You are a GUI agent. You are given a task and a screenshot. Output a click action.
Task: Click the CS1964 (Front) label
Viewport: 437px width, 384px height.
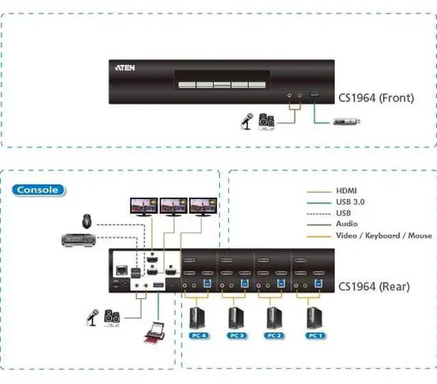coord(376,98)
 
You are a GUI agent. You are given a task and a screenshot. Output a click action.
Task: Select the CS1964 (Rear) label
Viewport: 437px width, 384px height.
coord(374,287)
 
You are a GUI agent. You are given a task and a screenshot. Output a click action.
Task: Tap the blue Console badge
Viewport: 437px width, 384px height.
coord(38,190)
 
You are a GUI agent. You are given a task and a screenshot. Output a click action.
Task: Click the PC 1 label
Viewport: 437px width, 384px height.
coord(314,336)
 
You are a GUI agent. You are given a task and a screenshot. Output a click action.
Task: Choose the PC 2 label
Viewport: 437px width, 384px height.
coord(274,336)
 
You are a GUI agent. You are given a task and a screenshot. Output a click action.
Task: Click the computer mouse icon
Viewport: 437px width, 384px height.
coord(87,221)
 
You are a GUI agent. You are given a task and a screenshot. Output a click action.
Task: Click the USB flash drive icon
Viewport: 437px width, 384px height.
coord(347,122)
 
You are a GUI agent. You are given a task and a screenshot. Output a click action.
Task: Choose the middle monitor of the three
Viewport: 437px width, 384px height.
coord(173,205)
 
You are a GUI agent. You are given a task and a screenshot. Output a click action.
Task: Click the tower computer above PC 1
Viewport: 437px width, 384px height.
coord(314,317)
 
